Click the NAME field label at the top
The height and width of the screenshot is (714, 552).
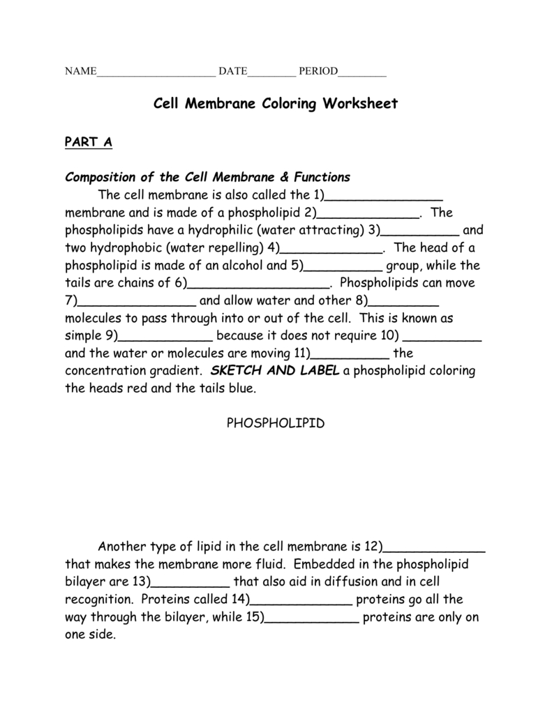tap(80, 72)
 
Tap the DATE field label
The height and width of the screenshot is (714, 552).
tap(233, 72)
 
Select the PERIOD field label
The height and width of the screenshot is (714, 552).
tap(318, 72)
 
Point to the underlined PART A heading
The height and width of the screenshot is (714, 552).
tap(88, 142)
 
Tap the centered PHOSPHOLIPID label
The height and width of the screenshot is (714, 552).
tap(276, 424)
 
